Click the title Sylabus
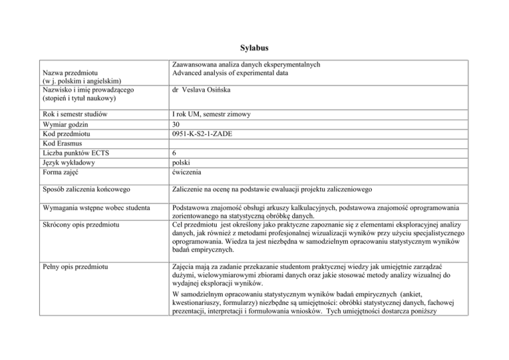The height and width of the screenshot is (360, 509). click(x=254, y=48)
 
